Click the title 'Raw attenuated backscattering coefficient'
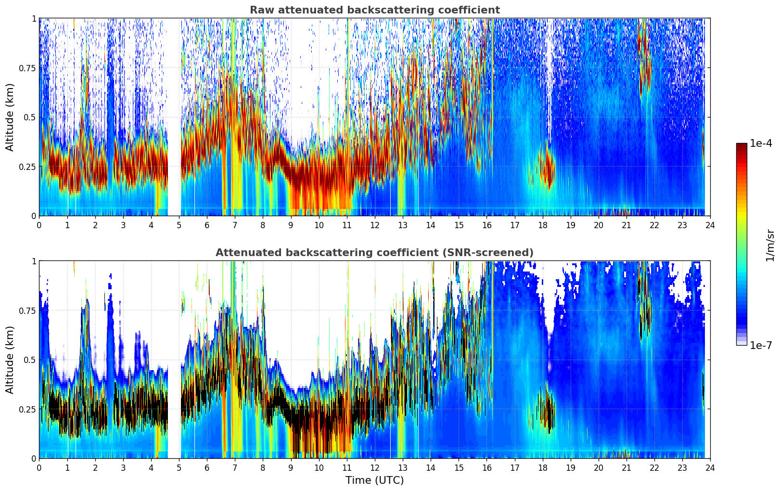click(374, 10)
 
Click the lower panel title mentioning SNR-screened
click(374, 253)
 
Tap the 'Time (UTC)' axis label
click(374, 480)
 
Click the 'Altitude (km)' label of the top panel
click(10, 117)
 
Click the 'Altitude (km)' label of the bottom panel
click(10, 360)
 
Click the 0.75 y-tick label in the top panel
click(27, 68)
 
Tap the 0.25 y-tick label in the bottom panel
click(27, 409)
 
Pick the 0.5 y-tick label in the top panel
click(30, 117)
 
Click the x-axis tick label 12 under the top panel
click(374, 225)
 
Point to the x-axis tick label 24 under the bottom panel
click(710, 467)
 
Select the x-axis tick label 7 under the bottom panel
click(234, 467)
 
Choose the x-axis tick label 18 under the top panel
click(542, 225)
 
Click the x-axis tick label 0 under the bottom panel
click(39, 467)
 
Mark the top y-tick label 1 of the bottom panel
click(34, 261)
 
